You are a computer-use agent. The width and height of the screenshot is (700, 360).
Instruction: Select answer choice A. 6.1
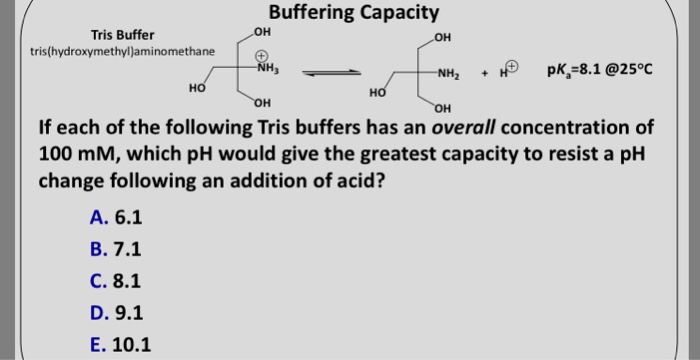[x=116, y=218]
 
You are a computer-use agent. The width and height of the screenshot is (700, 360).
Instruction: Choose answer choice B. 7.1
[x=116, y=250]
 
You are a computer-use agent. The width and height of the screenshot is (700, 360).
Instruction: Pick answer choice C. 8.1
[x=116, y=281]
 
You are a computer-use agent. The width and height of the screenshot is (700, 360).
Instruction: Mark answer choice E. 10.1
[x=120, y=345]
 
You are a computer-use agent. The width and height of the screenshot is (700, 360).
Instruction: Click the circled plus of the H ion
[x=511, y=68]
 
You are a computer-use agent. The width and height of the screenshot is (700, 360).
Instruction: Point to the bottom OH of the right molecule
[x=444, y=108]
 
